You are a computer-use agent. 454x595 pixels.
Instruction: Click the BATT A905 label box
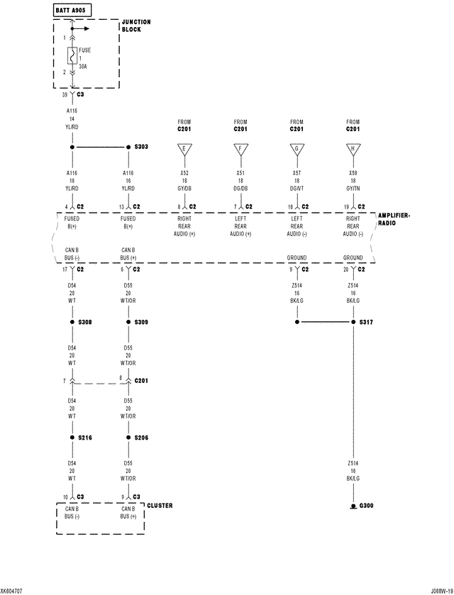[x=73, y=10]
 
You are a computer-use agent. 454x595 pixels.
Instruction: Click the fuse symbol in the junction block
[x=72, y=55]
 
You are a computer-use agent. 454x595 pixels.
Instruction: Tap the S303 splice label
[x=141, y=147]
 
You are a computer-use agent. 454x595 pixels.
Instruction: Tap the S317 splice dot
[x=353, y=322]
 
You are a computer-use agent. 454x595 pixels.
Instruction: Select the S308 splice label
[x=85, y=322]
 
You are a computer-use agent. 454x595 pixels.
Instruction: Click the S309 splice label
[x=141, y=322]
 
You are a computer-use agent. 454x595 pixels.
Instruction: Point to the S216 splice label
[x=85, y=438]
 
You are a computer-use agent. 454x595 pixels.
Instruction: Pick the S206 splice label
[x=141, y=438]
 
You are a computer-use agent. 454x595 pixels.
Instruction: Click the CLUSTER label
[x=159, y=506]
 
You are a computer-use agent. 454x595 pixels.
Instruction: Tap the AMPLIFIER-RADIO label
[x=394, y=218]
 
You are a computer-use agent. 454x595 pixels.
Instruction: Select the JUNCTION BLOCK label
[x=136, y=26]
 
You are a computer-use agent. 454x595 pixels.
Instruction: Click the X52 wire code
[x=184, y=173]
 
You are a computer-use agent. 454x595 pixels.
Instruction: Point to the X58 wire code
[x=353, y=173]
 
